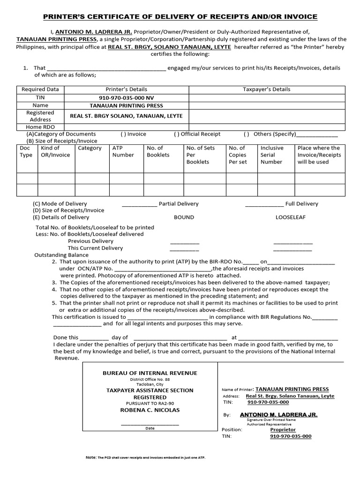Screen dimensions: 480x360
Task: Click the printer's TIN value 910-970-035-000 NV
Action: click(126, 97)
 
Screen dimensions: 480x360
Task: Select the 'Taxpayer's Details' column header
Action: click(266, 89)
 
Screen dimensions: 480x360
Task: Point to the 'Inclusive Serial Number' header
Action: click(272, 155)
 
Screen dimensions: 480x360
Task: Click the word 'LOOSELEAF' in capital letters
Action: click(291, 217)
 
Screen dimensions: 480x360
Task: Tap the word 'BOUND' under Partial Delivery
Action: click(184, 217)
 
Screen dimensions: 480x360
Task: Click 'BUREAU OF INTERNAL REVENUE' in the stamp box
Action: click(150, 373)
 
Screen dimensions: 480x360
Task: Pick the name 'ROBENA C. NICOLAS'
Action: click(150, 410)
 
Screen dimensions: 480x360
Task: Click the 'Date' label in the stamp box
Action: click(150, 428)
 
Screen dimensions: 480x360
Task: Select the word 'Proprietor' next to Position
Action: click(283, 429)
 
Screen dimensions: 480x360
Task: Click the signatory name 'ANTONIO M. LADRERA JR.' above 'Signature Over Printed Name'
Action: click(278, 415)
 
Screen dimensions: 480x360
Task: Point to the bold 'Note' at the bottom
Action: click(90, 457)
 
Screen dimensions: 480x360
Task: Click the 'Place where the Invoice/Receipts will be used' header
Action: click(321, 155)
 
